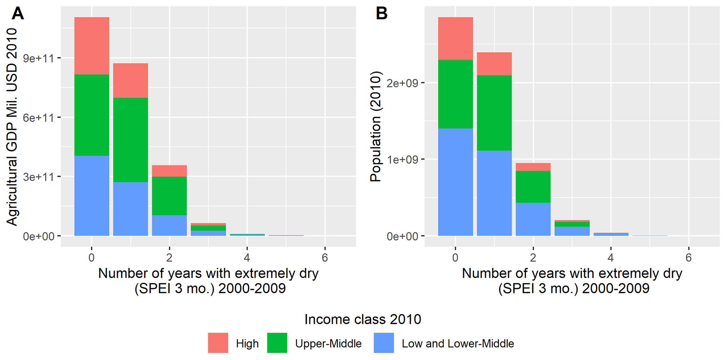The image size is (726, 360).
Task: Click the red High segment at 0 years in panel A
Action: (x=92, y=46)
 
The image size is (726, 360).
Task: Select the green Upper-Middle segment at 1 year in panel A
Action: (x=130, y=140)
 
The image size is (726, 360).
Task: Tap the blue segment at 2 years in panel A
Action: (x=169, y=225)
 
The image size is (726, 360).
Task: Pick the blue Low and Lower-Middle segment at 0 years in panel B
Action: (x=455, y=182)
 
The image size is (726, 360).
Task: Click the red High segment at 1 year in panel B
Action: (x=494, y=64)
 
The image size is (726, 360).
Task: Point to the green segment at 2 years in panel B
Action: (x=533, y=186)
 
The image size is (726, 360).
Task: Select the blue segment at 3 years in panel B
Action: (x=572, y=231)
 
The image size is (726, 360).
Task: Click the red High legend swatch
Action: (x=218, y=343)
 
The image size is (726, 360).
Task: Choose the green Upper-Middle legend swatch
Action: (x=277, y=343)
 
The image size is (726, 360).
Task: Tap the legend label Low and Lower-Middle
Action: (x=458, y=343)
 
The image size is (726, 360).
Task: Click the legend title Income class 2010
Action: (x=362, y=319)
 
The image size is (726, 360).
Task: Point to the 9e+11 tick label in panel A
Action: (x=39, y=58)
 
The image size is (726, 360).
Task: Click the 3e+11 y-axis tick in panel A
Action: (x=39, y=177)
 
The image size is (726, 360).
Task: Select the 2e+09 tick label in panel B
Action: (x=402, y=83)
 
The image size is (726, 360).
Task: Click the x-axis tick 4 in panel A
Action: (x=247, y=258)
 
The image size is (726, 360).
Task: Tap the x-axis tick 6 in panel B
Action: (x=688, y=258)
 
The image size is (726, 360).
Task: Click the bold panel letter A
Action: (x=18, y=14)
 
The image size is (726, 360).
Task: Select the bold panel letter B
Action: (x=381, y=14)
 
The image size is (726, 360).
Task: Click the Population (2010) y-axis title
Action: (x=375, y=126)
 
